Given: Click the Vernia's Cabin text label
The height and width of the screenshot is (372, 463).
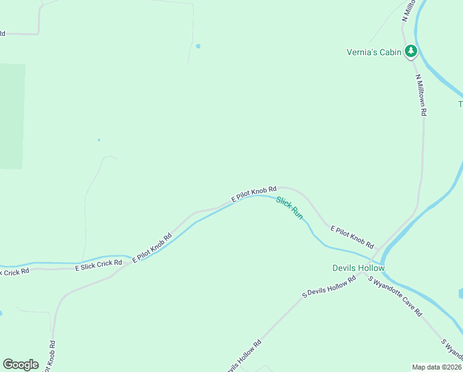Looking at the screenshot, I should click(374, 52).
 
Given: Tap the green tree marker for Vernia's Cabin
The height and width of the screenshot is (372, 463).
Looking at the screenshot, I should click(410, 51).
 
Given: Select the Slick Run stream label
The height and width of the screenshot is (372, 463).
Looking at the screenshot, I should click(290, 208).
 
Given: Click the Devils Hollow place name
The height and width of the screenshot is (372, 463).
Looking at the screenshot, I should click(358, 268).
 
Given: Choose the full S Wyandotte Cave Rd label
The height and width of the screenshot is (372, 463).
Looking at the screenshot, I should click(395, 296).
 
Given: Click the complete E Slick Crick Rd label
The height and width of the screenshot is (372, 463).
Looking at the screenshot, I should click(98, 266).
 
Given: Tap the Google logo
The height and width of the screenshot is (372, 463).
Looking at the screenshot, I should click(20, 365).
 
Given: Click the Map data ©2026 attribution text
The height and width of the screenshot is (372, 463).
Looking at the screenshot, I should click(436, 366).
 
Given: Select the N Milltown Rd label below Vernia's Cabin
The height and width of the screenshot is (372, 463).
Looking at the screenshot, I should click(422, 95).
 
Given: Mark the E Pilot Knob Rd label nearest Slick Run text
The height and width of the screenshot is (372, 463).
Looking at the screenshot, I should click(254, 193).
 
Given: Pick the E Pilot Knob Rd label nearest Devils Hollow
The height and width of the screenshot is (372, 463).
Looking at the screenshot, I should click(352, 236).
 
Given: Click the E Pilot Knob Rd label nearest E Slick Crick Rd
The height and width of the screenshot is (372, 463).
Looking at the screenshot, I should click(152, 249).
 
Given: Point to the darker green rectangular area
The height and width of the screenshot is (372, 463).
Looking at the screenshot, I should click(12, 116).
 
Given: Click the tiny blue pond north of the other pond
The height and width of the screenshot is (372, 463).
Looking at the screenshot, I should click(198, 46).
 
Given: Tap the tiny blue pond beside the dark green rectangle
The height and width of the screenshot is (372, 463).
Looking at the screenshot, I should click(98, 139).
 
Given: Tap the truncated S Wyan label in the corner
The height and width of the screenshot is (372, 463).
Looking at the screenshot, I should click(452, 350).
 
